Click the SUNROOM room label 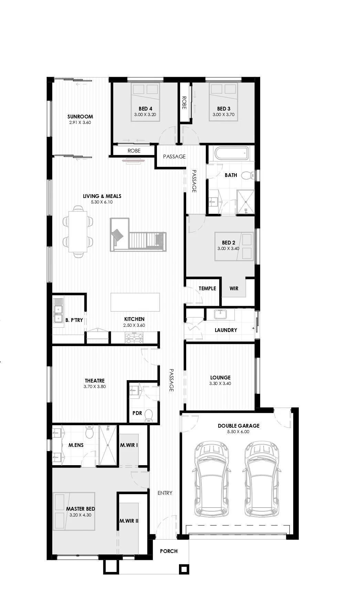[x=80, y=117]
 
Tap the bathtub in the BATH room [x=231, y=154]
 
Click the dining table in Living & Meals [x=78, y=231]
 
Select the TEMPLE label [x=207, y=288]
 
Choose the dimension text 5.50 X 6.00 [x=238, y=431]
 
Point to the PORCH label [x=169, y=551]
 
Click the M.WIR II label [x=129, y=521]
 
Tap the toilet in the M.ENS [x=89, y=432]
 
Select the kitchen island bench [x=135, y=302]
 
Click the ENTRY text [x=165, y=493]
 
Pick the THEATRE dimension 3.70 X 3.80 [x=94, y=386]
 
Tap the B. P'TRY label [x=74, y=320]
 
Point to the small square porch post [x=184, y=569]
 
